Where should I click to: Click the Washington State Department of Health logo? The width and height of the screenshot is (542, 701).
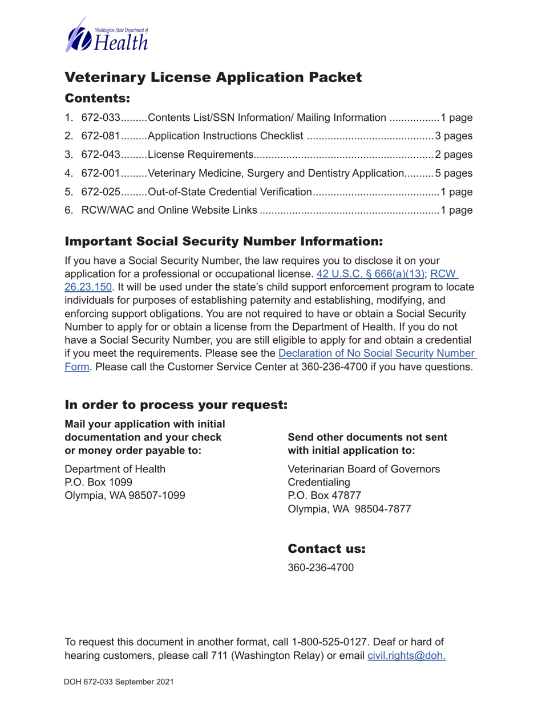click(x=107, y=35)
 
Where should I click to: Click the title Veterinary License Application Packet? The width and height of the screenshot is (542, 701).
click(x=213, y=78)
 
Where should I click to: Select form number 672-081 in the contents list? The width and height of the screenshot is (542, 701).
click(x=101, y=136)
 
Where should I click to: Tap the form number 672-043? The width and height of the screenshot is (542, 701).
click(x=101, y=155)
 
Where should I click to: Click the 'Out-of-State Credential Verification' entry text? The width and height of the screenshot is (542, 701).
click(x=229, y=192)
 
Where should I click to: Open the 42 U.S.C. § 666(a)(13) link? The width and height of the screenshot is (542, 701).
click(x=370, y=274)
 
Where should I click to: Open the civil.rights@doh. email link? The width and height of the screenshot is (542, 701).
click(x=406, y=656)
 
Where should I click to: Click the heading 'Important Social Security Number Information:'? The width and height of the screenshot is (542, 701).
click(x=224, y=241)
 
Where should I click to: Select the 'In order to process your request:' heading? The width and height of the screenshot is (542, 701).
click(x=176, y=405)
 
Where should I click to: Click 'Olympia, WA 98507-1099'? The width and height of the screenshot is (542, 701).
click(x=125, y=496)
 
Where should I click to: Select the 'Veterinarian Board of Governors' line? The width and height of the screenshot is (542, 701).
click(x=363, y=469)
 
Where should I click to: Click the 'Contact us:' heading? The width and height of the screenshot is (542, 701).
click(x=326, y=549)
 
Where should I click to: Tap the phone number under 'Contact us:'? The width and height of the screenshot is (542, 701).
click(x=321, y=568)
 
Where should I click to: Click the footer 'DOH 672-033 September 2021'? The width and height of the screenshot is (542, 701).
click(x=119, y=682)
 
